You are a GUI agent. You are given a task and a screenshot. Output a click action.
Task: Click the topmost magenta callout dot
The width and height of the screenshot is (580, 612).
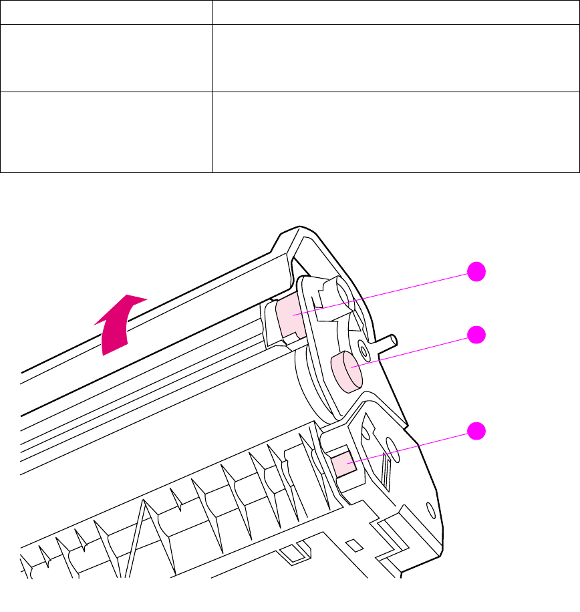coord(476,272)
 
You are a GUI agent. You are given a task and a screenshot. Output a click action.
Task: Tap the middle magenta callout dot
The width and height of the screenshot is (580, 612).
coord(476,335)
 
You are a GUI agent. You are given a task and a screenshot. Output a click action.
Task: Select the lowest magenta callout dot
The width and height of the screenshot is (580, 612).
coord(476,431)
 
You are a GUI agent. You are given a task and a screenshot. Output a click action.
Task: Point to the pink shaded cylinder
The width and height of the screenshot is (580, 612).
coord(346,371)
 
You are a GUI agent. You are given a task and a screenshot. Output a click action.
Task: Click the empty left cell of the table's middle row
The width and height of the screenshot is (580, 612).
coord(106,58)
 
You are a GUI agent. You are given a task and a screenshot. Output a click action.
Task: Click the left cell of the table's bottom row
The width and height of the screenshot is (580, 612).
coord(106,132)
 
